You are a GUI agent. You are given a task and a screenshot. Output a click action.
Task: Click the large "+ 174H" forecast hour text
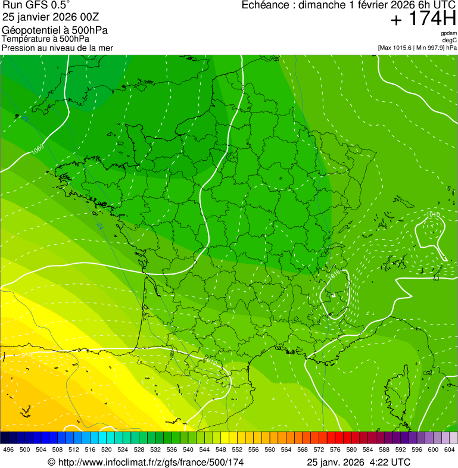pos(423,19)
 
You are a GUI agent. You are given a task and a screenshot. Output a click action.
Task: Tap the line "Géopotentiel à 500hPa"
pos(55,30)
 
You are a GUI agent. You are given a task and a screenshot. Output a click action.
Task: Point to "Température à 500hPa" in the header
pos(46,39)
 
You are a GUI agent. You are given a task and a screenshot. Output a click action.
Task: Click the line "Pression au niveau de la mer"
pos(57,48)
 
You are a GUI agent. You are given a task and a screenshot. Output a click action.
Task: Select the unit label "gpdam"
pos(448,33)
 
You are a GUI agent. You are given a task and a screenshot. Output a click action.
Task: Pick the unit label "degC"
pos(450,40)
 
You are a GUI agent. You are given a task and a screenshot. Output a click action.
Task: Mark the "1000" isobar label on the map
pos(38,148)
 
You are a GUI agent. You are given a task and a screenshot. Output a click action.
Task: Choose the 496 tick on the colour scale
pos(8,450)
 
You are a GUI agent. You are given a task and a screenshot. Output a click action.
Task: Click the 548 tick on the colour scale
pos(220,450)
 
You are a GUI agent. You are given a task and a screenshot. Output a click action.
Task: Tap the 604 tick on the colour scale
pos(450,450)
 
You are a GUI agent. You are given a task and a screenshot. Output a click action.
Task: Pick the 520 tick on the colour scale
pos(106,450)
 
